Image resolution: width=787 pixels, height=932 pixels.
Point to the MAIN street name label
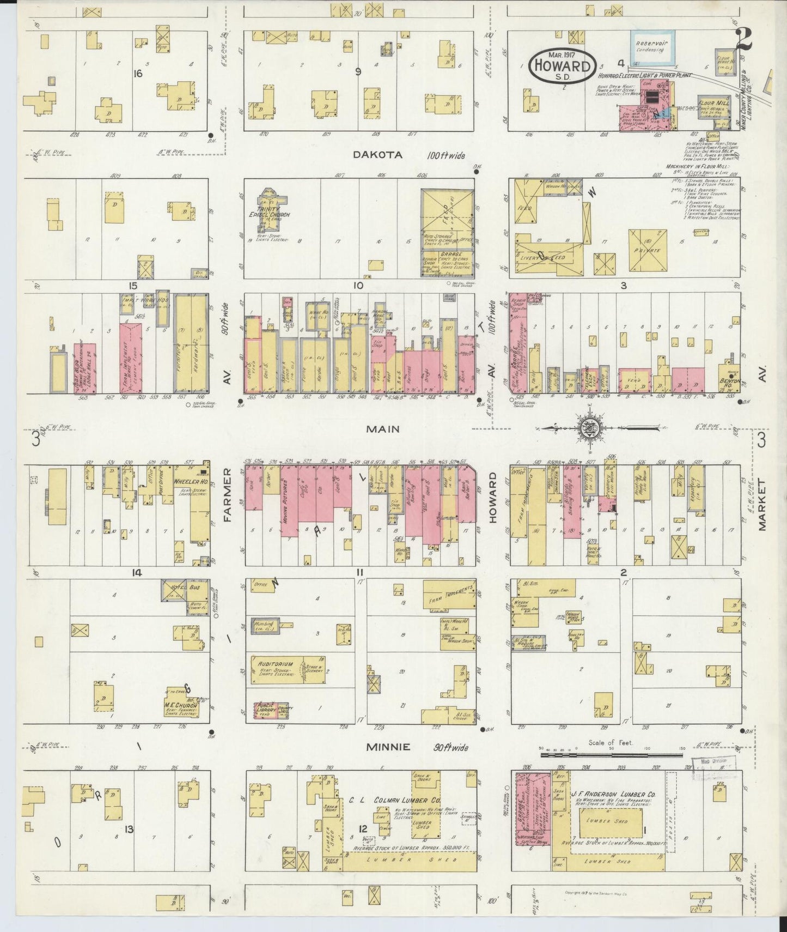(x=382, y=429)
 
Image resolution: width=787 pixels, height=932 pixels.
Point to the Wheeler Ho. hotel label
(x=188, y=482)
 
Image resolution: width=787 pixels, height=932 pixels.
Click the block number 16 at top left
(x=137, y=73)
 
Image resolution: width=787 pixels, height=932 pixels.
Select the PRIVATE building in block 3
(x=648, y=251)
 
